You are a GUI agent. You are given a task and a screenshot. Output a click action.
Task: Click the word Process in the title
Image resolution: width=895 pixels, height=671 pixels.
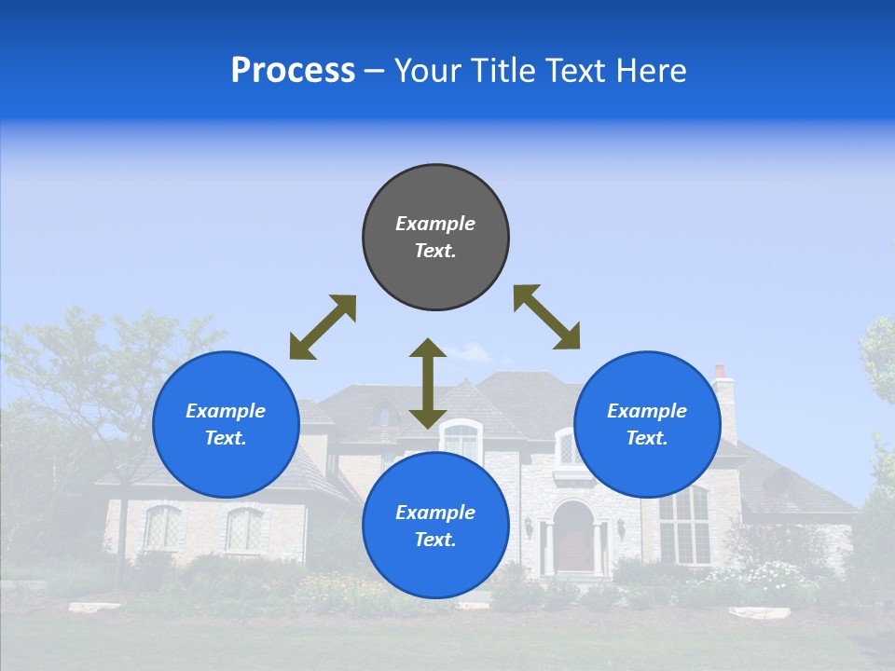click(x=293, y=71)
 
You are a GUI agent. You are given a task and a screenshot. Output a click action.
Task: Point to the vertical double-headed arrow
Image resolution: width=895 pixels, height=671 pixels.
click(x=428, y=383)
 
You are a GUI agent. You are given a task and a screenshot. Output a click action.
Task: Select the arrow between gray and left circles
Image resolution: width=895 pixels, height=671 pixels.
click(x=323, y=327)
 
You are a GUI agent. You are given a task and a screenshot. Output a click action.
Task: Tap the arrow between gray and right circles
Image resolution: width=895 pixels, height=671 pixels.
click(x=546, y=317)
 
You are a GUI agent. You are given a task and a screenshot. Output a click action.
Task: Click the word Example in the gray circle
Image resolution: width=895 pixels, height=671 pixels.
click(x=435, y=224)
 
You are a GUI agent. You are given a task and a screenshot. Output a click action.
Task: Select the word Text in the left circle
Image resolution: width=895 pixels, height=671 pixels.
click(x=226, y=438)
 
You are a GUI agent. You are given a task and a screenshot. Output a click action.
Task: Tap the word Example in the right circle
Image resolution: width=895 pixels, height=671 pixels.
click(x=647, y=411)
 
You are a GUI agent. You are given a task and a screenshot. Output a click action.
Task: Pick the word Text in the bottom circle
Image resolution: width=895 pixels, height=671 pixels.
click(x=435, y=540)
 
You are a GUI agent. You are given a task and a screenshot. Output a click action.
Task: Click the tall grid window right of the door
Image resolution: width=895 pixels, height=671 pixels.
click(x=684, y=526)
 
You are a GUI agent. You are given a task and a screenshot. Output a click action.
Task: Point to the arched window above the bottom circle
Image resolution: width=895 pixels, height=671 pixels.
click(x=460, y=440)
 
